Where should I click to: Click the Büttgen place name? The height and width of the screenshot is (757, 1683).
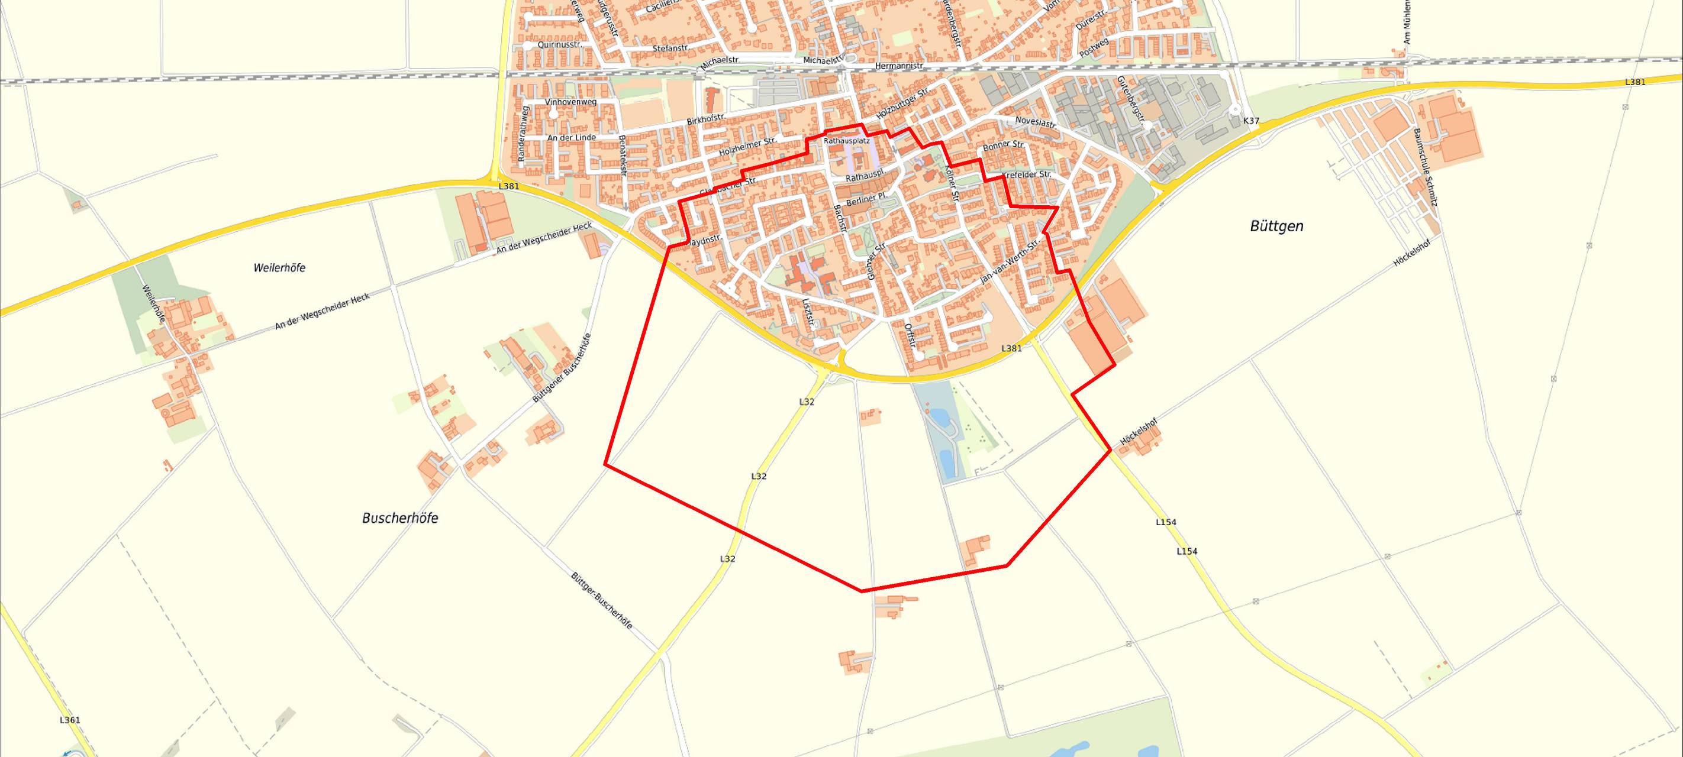(1276, 226)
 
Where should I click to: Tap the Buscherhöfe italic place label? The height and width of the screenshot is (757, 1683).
(400, 518)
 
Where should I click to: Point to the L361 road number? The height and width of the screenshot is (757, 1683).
(70, 720)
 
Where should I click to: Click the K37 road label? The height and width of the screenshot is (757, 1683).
(1250, 121)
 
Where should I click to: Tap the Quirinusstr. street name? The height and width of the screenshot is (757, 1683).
(560, 45)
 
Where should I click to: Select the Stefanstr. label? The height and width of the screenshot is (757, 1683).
(671, 48)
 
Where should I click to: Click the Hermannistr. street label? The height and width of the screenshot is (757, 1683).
(898, 67)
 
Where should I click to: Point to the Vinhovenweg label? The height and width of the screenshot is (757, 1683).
(571, 102)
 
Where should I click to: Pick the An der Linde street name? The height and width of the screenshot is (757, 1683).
(571, 138)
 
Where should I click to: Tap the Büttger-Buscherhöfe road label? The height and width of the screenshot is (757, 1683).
(601, 600)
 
